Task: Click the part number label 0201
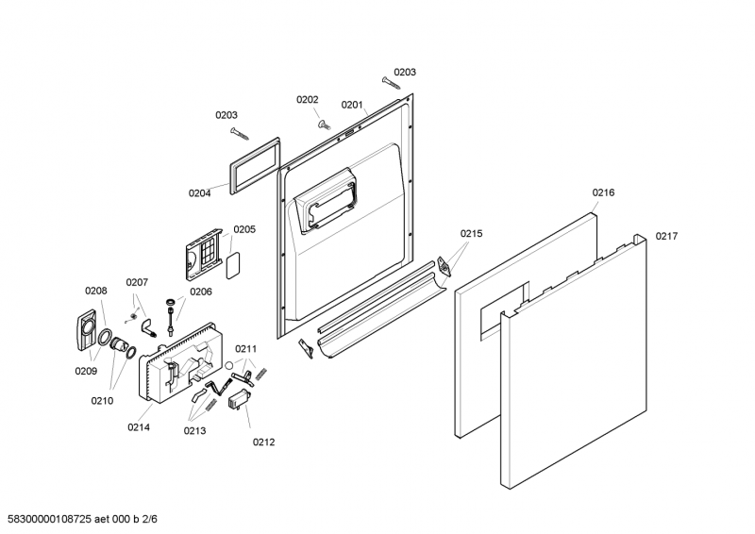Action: [352, 105]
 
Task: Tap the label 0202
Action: [308, 99]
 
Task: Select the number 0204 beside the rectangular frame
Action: [199, 193]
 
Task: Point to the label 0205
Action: [244, 229]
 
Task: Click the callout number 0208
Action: [96, 291]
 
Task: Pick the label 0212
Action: [263, 442]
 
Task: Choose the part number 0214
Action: [139, 427]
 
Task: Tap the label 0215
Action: [472, 234]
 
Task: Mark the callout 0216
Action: [603, 192]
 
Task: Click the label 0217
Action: [667, 236]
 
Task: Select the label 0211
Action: [245, 349]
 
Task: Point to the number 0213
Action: [195, 430]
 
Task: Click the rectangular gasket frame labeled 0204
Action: [252, 163]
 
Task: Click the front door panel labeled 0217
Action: [576, 377]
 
